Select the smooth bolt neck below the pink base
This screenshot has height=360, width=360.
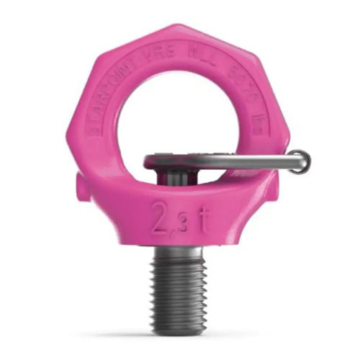180,251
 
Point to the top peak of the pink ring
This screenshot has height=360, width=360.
180,27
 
